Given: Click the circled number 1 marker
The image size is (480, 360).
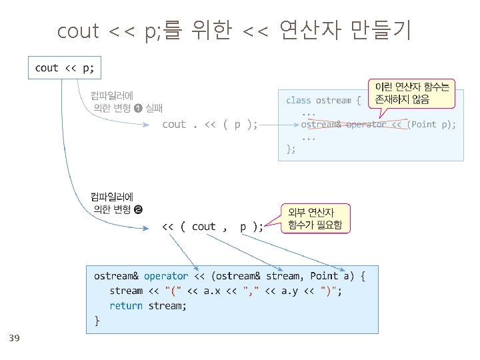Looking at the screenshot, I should (137, 108).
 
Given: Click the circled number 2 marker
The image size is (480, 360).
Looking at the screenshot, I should (138, 210).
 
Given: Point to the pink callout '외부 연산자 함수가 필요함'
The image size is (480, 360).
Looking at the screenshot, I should (315, 219).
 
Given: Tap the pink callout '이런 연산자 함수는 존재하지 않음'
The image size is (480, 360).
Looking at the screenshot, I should (412, 93).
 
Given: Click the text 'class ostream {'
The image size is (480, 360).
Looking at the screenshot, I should (323, 100).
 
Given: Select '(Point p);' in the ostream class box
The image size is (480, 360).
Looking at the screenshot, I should (432, 125).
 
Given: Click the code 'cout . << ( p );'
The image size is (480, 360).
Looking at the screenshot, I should (210, 124).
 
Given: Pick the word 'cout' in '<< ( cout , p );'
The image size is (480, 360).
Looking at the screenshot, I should (203, 227).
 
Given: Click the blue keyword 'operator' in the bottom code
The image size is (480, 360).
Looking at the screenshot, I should (166, 276).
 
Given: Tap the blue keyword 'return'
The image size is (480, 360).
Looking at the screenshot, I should (126, 305).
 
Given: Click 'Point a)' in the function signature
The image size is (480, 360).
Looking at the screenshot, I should (333, 276).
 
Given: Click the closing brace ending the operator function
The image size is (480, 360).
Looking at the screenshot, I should (97, 321).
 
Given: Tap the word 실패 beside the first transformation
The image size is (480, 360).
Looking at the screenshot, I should (154, 108).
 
